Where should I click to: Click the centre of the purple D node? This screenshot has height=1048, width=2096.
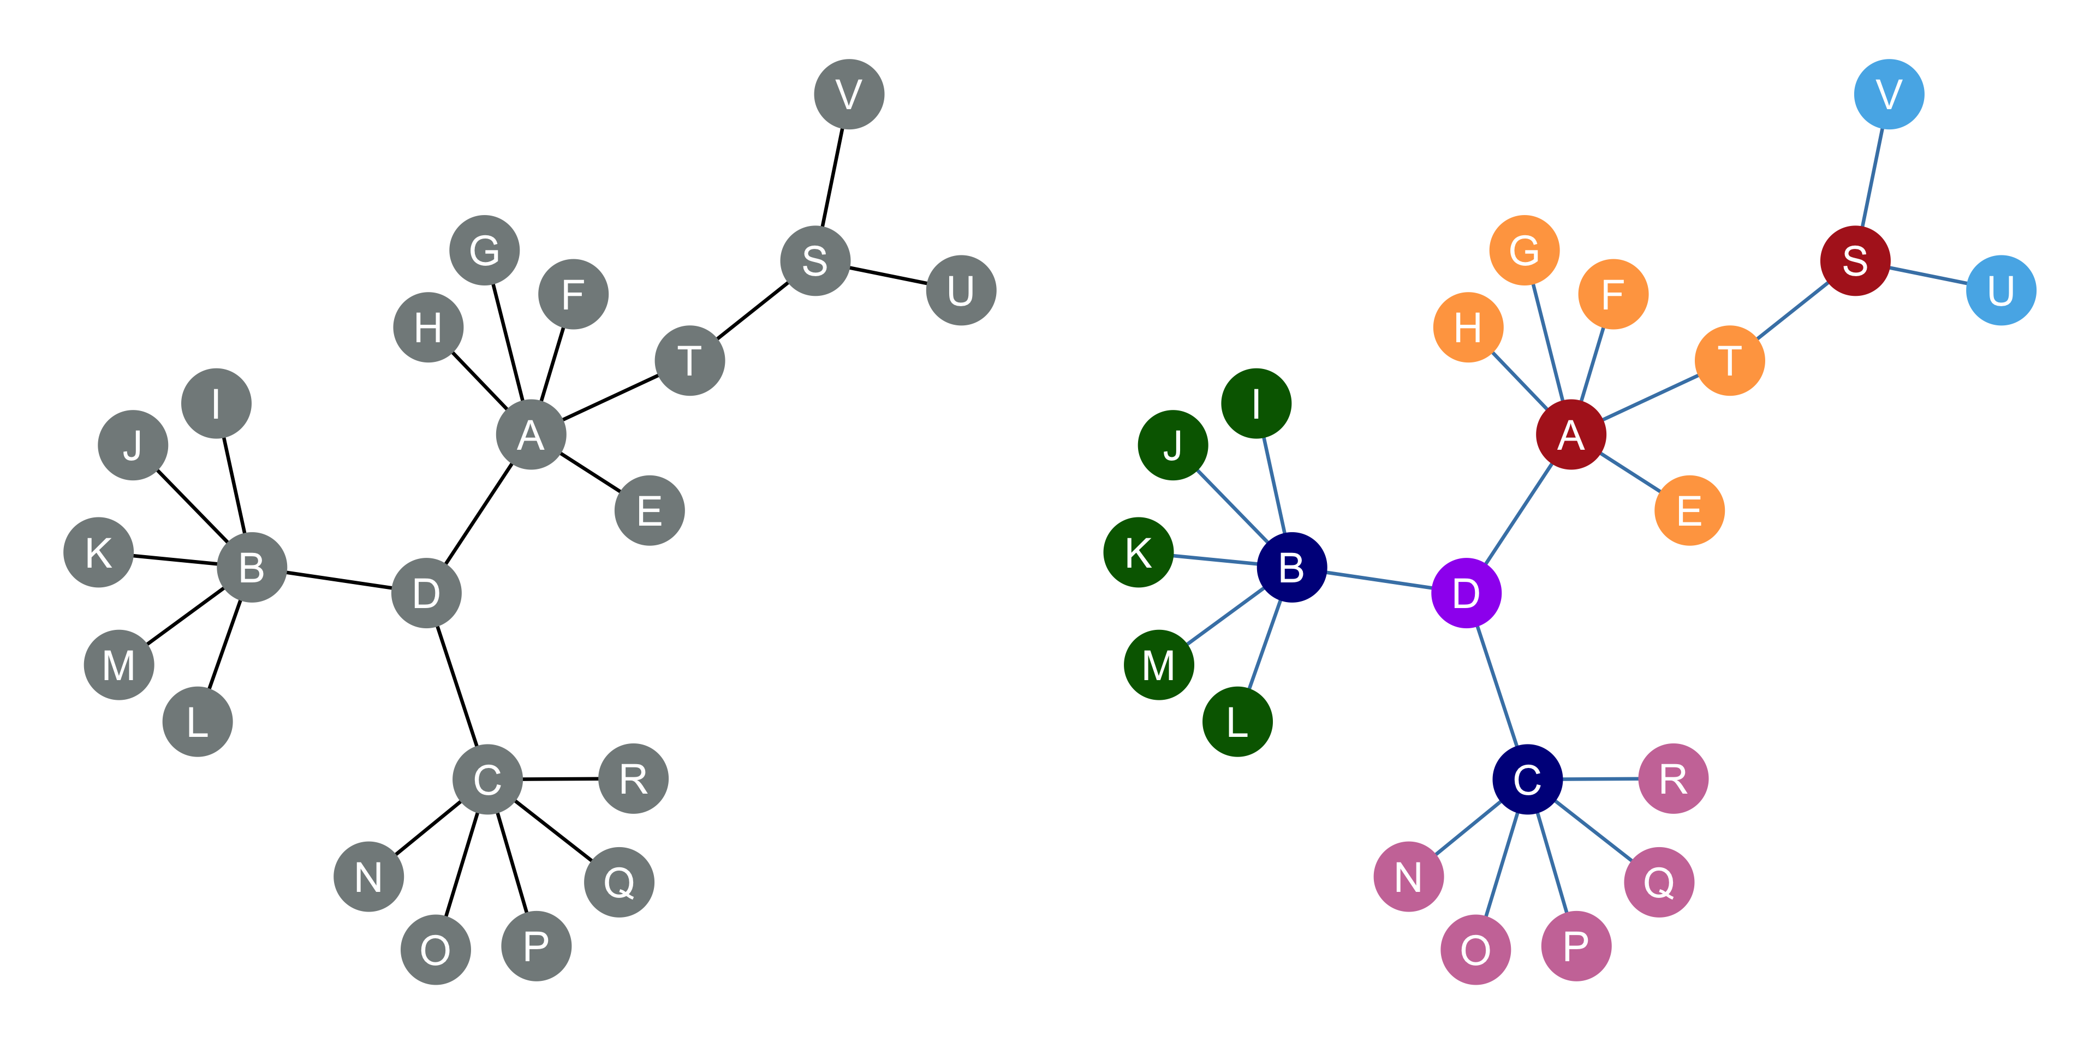coord(1466,593)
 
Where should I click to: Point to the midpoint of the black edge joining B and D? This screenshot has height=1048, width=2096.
coord(340,580)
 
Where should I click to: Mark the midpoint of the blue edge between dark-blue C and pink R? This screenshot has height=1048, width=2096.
coord(1600,779)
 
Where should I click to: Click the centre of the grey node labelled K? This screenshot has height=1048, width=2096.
coord(98,552)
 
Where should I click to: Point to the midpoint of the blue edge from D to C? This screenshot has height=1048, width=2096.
coord(1497,686)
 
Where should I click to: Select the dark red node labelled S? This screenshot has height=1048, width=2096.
coord(1855,260)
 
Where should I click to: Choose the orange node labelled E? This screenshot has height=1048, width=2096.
coord(1689,510)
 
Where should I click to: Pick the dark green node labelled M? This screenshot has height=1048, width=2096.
coord(1159,665)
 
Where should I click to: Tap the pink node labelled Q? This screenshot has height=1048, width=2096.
coord(1659,882)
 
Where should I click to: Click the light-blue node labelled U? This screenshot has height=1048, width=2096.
coord(2001,290)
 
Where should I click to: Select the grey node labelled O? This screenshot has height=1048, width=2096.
coord(436,950)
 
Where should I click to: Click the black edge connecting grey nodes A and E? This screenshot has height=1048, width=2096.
coord(591,473)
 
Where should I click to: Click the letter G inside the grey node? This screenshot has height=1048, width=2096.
coord(485,251)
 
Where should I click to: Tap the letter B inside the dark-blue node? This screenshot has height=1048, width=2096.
coord(1291,568)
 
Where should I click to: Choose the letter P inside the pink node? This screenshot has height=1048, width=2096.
coord(1576,946)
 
